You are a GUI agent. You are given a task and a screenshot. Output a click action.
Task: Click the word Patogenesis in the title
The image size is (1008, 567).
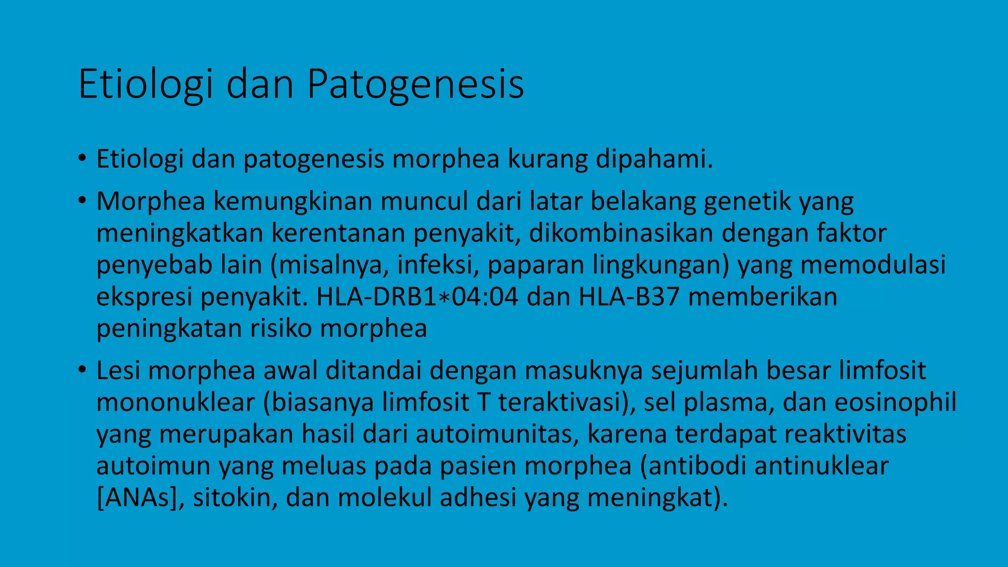415,85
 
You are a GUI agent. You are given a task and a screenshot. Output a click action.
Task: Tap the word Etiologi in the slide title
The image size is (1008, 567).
146,85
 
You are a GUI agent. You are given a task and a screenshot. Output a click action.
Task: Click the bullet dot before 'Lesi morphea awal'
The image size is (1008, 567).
82,370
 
